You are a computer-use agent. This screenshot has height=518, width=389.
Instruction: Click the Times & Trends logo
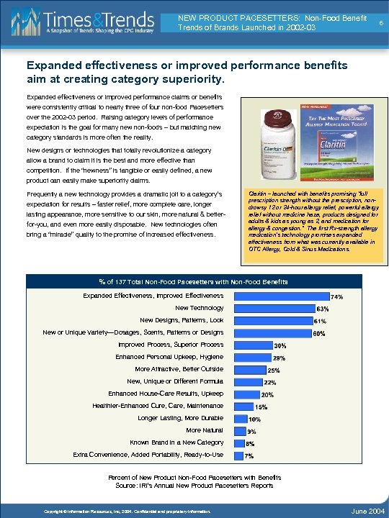[85, 23]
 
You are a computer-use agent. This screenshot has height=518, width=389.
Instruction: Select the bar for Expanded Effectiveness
[277, 295]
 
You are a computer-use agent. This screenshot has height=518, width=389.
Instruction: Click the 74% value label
[336, 296]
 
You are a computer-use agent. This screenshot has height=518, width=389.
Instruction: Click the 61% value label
[321, 321]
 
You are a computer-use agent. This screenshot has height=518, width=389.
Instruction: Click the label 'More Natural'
[205, 430]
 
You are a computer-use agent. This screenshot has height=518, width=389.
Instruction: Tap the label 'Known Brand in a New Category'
[176, 442]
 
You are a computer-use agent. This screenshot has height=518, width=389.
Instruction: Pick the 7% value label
[249, 455]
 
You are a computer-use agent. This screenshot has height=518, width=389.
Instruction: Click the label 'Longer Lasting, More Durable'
[180, 418]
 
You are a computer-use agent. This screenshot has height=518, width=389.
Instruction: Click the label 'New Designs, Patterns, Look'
[182, 320]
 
